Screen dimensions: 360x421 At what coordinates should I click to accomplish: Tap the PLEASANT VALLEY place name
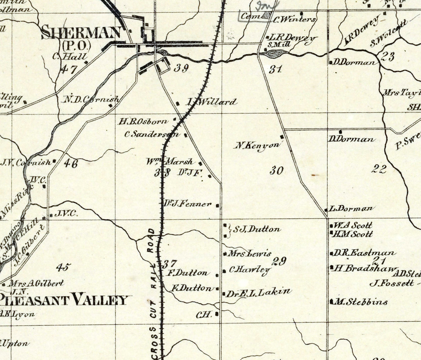(x=64, y=299)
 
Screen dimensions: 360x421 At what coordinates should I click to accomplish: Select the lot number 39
(x=181, y=68)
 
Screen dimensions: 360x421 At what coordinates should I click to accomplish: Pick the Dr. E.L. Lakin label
(x=259, y=293)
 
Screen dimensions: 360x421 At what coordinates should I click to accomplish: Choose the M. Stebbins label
(x=361, y=302)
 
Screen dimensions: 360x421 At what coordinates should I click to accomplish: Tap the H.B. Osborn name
(x=144, y=122)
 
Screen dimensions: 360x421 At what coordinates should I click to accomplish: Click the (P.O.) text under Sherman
(x=77, y=45)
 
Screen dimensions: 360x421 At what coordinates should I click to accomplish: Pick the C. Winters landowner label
(x=295, y=19)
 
